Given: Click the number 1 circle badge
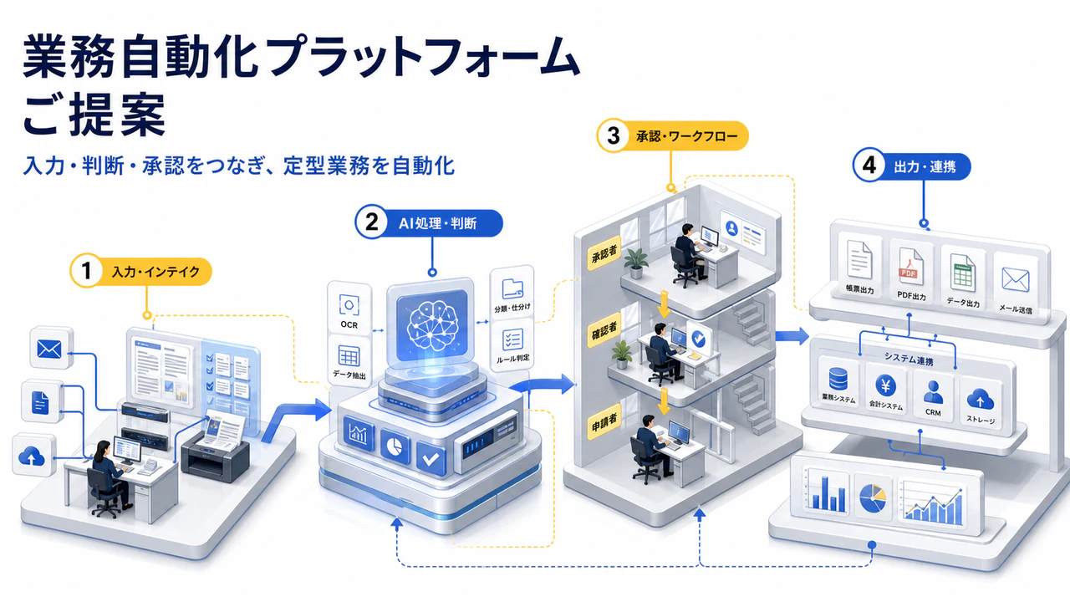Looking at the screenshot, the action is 86,271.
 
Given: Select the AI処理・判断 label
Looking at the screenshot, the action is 437,223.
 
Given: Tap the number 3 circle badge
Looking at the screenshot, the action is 614,135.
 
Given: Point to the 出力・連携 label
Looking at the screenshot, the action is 925,166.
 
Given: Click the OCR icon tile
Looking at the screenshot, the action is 349,305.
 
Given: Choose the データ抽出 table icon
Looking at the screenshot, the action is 349,356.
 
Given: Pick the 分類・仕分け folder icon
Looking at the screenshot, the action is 512,289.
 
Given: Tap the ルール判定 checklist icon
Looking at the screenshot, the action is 512,339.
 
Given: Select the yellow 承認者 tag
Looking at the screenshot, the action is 604,253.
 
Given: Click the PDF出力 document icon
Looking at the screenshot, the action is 910,266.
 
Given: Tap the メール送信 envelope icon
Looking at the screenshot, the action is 1015,279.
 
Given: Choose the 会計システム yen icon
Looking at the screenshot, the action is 885,385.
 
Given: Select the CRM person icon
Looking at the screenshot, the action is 933,392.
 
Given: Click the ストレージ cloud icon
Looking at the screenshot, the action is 981,399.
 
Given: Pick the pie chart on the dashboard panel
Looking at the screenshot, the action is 872,497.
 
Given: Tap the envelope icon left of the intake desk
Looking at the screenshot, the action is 49,349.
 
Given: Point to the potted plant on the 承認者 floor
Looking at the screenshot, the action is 635,263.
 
